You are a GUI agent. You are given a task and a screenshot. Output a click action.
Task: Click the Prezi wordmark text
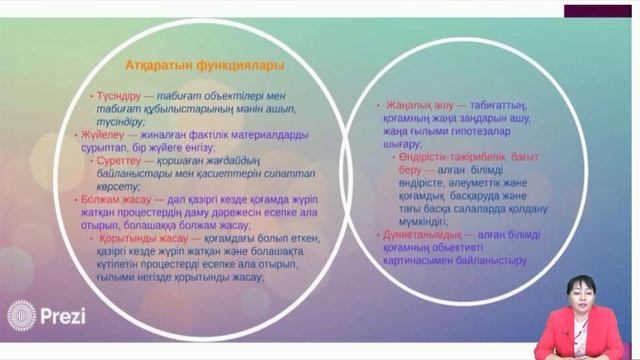[63, 316]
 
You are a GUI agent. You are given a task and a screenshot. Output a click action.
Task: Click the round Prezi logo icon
[21, 316]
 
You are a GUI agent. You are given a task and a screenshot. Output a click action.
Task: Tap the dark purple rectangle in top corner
[601, 10]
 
